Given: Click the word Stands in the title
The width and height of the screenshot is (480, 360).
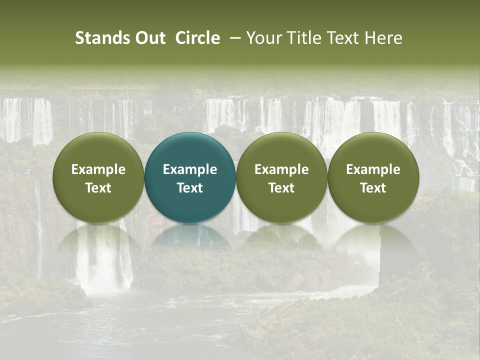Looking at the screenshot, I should click(x=102, y=38).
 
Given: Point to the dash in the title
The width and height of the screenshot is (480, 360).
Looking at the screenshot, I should click(x=233, y=38).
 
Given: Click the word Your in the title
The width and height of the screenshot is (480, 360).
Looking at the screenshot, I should click(x=263, y=38).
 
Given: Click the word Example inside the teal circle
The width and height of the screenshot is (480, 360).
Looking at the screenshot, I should click(x=190, y=169).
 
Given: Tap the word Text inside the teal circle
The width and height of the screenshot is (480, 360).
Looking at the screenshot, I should click(x=190, y=188).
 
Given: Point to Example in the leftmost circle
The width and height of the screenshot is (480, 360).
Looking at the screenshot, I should click(x=98, y=169).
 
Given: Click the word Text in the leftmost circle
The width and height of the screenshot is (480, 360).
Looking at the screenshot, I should click(x=98, y=188).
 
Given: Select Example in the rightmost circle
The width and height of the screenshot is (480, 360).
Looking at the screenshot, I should click(x=373, y=169).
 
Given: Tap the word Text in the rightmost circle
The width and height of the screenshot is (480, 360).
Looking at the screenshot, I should click(x=373, y=188).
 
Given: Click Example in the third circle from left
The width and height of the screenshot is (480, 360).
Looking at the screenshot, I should click(x=281, y=169).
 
